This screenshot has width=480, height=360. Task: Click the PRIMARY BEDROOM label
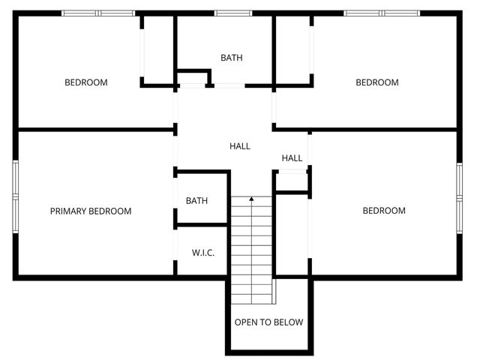tap(90, 211)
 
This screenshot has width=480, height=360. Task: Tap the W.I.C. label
tap(203, 253)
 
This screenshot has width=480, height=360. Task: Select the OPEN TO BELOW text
tap(268, 322)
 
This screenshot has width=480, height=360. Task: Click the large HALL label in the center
tap(240, 146)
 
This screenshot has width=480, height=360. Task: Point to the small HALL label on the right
tap(292, 158)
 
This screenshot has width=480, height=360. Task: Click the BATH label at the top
tap(232, 58)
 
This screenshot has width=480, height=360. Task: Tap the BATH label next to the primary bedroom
tap(196, 201)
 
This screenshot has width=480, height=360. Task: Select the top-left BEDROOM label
tap(85, 82)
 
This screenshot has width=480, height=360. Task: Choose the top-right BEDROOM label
tap(376, 82)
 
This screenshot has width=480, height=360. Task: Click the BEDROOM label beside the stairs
tap(384, 211)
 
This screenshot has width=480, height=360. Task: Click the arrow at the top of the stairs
tap(251, 199)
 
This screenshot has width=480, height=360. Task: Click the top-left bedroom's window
tap(97, 13)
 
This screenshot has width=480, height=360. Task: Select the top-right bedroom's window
tap(382, 13)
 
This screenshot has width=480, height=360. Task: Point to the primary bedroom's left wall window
tap(14, 196)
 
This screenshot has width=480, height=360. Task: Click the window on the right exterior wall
tap(460, 196)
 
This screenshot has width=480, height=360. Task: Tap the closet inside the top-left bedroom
tap(158, 49)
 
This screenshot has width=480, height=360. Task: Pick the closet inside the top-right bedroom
tap(292, 49)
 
